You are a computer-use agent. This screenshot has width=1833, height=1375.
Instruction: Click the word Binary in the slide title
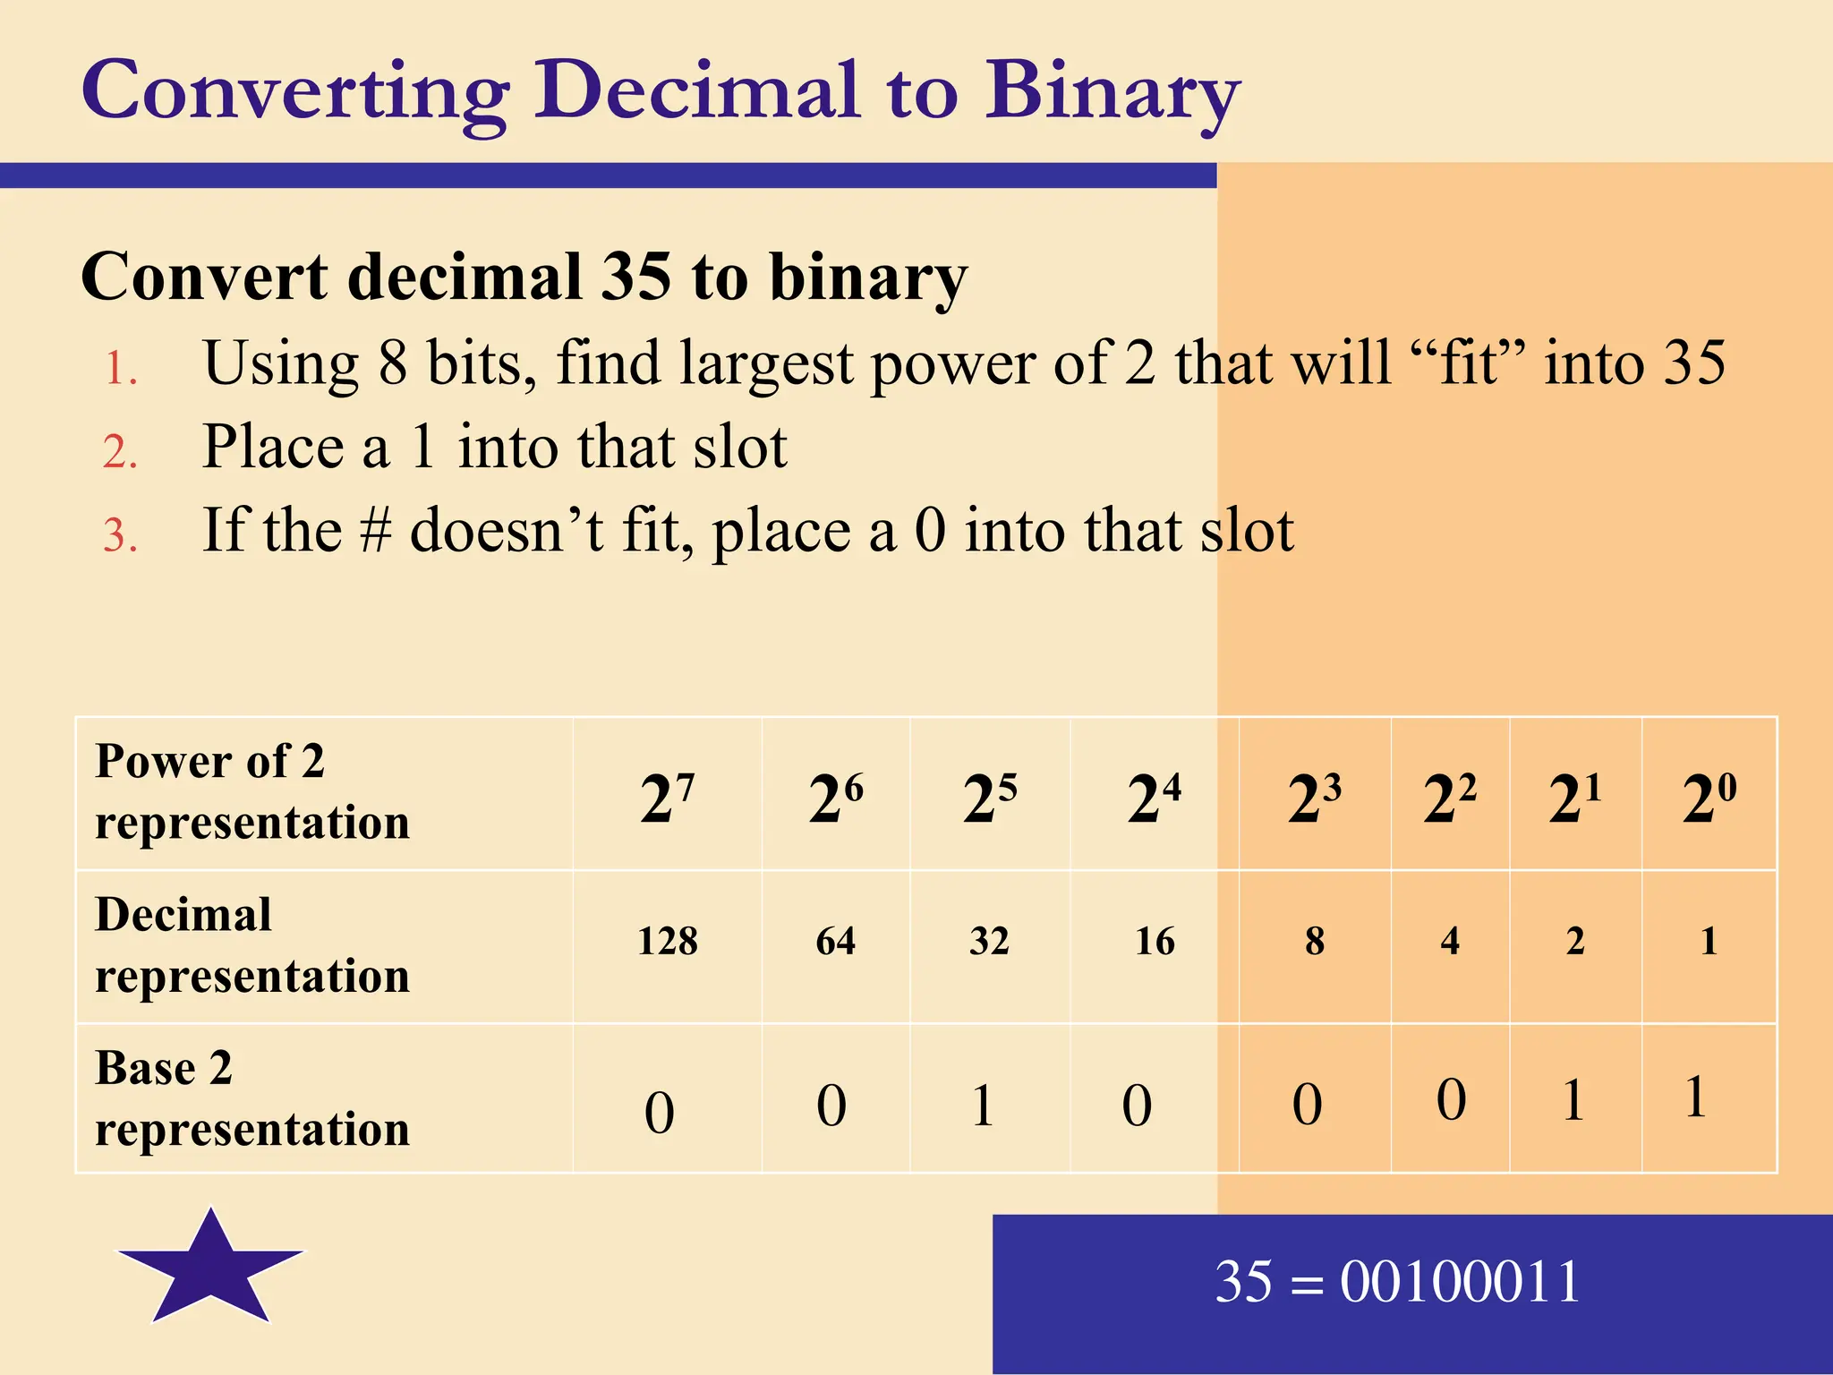(x=1112, y=94)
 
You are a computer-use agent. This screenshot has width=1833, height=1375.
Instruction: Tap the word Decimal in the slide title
(x=698, y=90)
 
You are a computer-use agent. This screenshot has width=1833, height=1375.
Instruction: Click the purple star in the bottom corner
(x=211, y=1268)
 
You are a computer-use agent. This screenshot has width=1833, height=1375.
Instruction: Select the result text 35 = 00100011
(x=1397, y=1282)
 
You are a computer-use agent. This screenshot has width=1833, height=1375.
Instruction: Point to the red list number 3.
(x=120, y=536)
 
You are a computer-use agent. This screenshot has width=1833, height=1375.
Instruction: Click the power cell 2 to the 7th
(x=667, y=797)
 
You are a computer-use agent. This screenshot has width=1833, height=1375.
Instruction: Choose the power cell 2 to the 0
(x=1709, y=797)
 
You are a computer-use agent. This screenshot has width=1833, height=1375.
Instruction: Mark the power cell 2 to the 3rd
(x=1314, y=797)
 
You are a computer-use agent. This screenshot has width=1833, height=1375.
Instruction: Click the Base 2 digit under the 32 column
(x=983, y=1106)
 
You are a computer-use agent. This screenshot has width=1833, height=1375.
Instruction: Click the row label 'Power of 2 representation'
(x=252, y=791)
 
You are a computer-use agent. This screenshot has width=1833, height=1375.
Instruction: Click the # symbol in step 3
(x=375, y=530)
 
